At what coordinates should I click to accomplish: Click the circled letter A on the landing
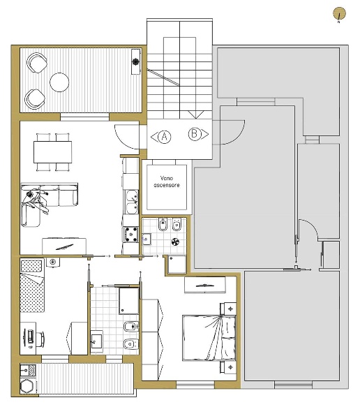pyautogui.click(x=164, y=136)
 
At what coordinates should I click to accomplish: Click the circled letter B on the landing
pyautogui.click(x=195, y=134)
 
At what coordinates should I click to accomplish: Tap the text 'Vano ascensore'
pyautogui.click(x=167, y=182)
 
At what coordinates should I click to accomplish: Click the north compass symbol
pyautogui.click(x=339, y=13)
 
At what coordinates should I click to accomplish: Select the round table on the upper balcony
pyautogui.click(x=59, y=82)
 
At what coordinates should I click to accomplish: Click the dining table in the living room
pyautogui.click(x=52, y=152)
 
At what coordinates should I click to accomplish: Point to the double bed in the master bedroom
pyautogui.click(x=209, y=338)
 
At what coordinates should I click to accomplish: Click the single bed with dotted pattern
pyautogui.click(x=32, y=285)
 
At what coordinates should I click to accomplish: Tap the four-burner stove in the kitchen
pyautogui.click(x=130, y=235)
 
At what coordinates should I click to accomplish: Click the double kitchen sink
pyautogui.click(x=132, y=202)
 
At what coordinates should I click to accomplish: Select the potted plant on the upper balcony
pyautogui.click(x=135, y=61)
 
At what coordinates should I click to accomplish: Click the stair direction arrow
pyautogui.click(x=196, y=114)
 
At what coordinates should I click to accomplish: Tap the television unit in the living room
pyautogui.click(x=64, y=246)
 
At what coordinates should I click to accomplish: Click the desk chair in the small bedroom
pyautogui.click(x=40, y=339)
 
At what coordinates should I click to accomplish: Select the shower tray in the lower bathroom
pyautogui.click(x=128, y=301)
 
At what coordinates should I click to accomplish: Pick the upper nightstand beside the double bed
pyautogui.click(x=228, y=309)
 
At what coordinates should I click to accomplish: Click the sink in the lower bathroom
pyautogui.click(x=96, y=341)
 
